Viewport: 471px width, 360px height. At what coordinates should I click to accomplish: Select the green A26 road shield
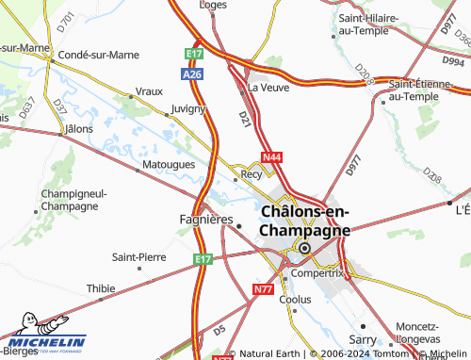tap(192, 73)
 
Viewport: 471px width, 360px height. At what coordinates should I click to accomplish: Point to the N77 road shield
tap(263, 290)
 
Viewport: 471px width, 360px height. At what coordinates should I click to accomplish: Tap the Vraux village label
tap(149, 91)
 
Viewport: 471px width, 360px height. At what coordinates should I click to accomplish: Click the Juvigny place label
tap(187, 108)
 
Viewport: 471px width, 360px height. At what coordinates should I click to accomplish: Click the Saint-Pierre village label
tap(139, 256)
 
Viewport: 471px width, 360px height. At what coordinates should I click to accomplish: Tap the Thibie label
tap(101, 288)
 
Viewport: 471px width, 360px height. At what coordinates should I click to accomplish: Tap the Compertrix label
tap(317, 272)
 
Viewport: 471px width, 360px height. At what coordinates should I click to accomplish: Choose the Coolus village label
tap(295, 299)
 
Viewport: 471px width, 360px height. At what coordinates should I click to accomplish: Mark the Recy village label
tap(252, 174)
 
